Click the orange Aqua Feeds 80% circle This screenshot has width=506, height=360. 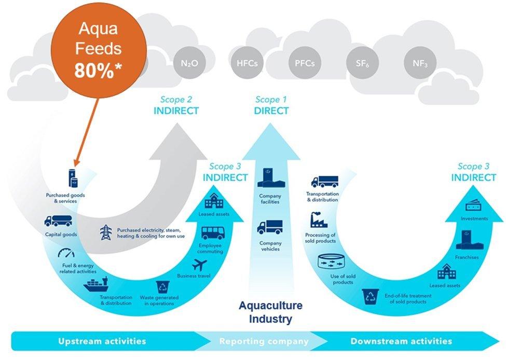coord(99,50)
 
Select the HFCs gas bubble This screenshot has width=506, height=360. coord(246,64)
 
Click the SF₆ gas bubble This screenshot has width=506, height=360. coord(362,64)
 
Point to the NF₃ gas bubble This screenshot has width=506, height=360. coord(420,64)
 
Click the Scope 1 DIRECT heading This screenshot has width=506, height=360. coord(271,105)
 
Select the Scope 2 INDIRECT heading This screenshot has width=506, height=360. coord(176,105)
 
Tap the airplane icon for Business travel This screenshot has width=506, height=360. coord(200,265)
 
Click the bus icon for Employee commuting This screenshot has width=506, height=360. coord(210,232)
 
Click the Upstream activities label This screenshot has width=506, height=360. coord(102,341)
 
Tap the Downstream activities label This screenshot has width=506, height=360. coord(401,341)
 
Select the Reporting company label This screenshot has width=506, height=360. coord(264,341)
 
